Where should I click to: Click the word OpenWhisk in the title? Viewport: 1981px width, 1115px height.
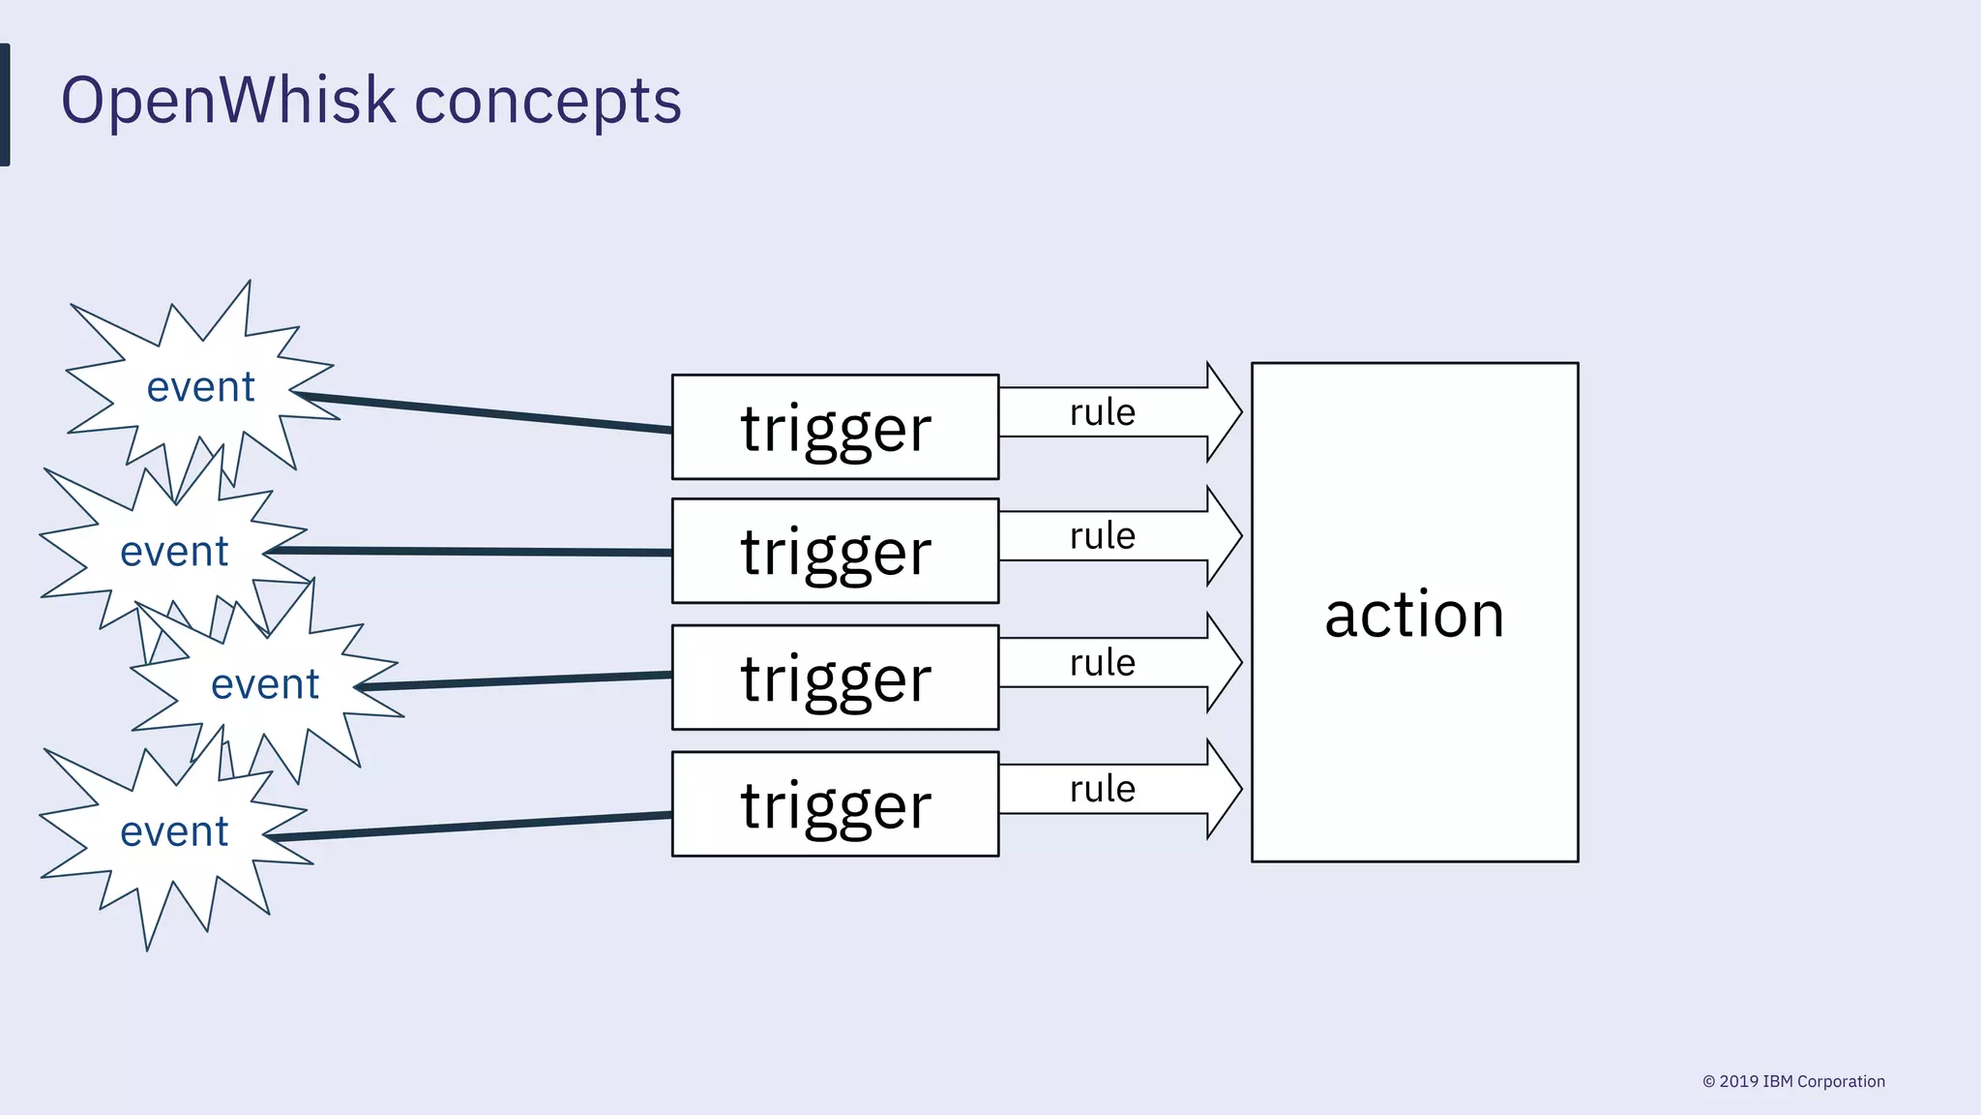228,101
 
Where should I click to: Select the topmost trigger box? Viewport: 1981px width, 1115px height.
835,427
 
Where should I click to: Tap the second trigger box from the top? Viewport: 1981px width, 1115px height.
835,551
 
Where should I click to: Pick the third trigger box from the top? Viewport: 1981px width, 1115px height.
835,678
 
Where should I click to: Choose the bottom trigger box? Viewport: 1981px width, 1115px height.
835,804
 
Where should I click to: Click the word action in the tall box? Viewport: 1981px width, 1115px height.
1414,615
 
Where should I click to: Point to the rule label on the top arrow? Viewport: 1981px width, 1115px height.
1102,412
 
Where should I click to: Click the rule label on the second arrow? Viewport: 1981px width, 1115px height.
1102,536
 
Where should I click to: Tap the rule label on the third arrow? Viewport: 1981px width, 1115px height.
1102,663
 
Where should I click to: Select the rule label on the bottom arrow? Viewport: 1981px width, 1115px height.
1102,789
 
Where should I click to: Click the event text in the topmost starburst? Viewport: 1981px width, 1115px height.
200,387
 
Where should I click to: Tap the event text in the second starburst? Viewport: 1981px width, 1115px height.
174,552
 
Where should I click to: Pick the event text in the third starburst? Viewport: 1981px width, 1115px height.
264,684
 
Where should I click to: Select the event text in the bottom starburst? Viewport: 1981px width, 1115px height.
174,831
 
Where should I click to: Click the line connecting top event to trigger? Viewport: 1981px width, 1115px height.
484,412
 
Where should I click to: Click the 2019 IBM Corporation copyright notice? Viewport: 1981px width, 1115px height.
1793,1081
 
